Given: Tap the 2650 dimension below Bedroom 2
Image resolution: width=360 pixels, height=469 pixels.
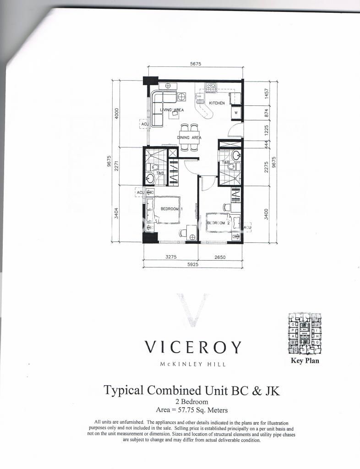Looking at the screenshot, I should [x=219, y=257].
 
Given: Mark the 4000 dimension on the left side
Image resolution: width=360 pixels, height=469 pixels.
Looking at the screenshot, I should [x=117, y=113].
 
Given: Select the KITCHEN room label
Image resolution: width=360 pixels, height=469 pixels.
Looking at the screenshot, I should [x=217, y=104].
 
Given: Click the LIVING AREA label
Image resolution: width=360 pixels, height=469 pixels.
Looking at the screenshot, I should [x=172, y=110].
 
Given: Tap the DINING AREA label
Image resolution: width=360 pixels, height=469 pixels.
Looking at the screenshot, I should [x=190, y=137].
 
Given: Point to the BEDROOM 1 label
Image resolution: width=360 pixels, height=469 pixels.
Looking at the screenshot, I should [x=171, y=209].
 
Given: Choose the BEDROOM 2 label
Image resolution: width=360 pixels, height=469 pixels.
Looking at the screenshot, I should [x=217, y=223].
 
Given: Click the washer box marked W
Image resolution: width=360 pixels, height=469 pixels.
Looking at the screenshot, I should [x=235, y=112].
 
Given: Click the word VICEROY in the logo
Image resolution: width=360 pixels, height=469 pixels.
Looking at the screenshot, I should [x=193, y=348].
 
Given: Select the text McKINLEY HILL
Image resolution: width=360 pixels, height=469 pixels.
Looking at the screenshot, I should [x=193, y=365].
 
